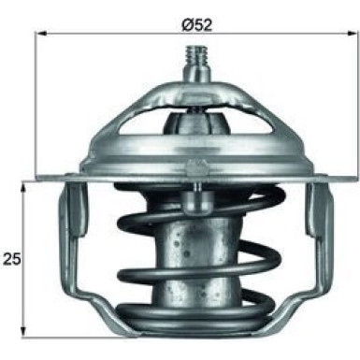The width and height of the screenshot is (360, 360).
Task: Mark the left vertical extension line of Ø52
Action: [37, 103]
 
